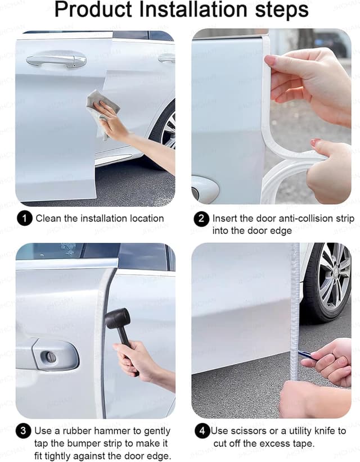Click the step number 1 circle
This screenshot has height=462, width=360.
coord(24,219)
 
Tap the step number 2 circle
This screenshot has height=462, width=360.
coord(201,219)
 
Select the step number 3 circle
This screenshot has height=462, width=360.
coord(23,432)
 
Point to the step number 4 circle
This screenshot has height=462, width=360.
coord(202,432)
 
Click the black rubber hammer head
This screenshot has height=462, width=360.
coord(116,320)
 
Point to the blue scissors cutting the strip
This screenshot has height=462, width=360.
coord(307,355)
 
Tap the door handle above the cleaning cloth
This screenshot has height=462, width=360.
coord(56,60)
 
